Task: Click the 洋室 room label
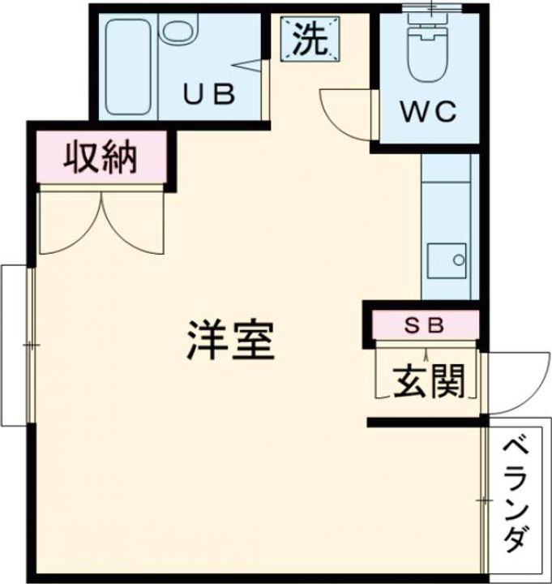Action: click(x=232, y=341)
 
